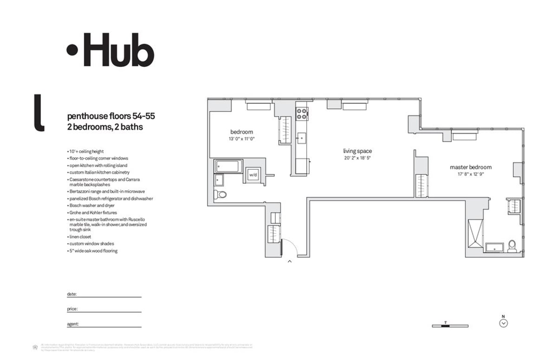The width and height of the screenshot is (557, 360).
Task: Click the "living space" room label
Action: pos(357,151)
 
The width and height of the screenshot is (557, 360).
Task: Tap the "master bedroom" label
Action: pos(470,167)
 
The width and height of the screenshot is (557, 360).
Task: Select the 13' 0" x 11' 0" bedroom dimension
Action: pos(241,139)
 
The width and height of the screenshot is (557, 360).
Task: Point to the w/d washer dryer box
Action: pos(253,175)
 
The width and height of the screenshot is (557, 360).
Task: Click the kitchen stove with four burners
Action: pos(302,113)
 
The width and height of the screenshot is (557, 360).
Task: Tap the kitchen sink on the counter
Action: pos(301,138)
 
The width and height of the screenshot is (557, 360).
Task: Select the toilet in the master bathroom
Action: pos(512,245)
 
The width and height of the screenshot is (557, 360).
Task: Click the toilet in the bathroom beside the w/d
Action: pos(221,194)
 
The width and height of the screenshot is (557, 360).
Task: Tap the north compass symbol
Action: pos(504,323)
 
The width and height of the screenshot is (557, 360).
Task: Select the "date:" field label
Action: pos(72,294)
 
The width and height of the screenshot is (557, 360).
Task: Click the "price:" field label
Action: pos(72,309)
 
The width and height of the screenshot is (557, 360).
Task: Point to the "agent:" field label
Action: pos(73,323)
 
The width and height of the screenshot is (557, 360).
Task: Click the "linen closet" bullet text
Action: pos(80,237)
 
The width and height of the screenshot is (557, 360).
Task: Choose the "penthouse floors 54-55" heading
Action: pos(111,116)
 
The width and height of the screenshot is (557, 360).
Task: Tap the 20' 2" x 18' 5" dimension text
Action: pos(357,158)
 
